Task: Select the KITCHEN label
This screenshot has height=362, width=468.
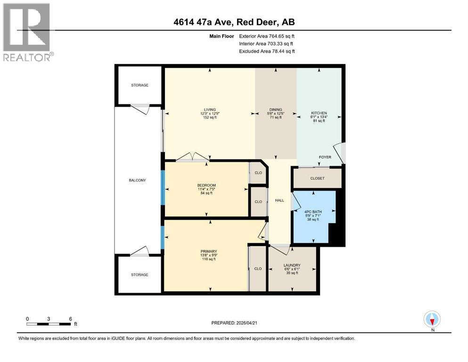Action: point(319,114)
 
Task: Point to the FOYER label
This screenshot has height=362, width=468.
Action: point(325,157)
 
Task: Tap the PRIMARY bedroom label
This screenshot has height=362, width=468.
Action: point(208,251)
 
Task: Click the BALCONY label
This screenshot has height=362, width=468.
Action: point(138,180)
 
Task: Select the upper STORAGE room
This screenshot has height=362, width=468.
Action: point(140,85)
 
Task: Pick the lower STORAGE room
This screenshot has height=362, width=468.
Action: point(140,274)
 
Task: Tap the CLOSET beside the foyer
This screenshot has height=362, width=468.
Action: point(317,179)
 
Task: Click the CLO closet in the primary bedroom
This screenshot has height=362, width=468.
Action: point(258,269)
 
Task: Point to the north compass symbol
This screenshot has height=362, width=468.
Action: point(432,320)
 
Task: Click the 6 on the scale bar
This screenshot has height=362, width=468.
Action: point(70,319)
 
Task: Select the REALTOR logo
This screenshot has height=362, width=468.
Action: point(27,33)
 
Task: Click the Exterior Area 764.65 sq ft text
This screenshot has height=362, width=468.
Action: point(267,36)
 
